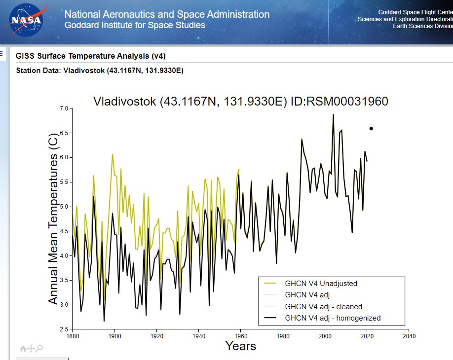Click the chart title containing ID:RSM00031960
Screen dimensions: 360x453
click(241, 102)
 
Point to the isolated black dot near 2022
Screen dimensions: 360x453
click(371, 129)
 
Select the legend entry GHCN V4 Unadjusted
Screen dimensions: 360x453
click(321, 284)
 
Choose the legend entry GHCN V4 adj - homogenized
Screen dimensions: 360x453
click(333, 318)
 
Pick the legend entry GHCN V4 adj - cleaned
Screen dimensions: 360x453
click(323, 306)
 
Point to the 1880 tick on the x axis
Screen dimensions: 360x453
click(73, 336)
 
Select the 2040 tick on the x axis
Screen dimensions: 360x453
click(409, 336)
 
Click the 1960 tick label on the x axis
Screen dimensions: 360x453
click(241, 336)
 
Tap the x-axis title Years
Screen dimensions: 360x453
click(241, 346)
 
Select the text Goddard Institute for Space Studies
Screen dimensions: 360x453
click(135, 25)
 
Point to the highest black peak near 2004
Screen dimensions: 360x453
click(333, 114)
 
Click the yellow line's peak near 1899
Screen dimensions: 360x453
click(113, 154)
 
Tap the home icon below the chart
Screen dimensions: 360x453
click(23, 349)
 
